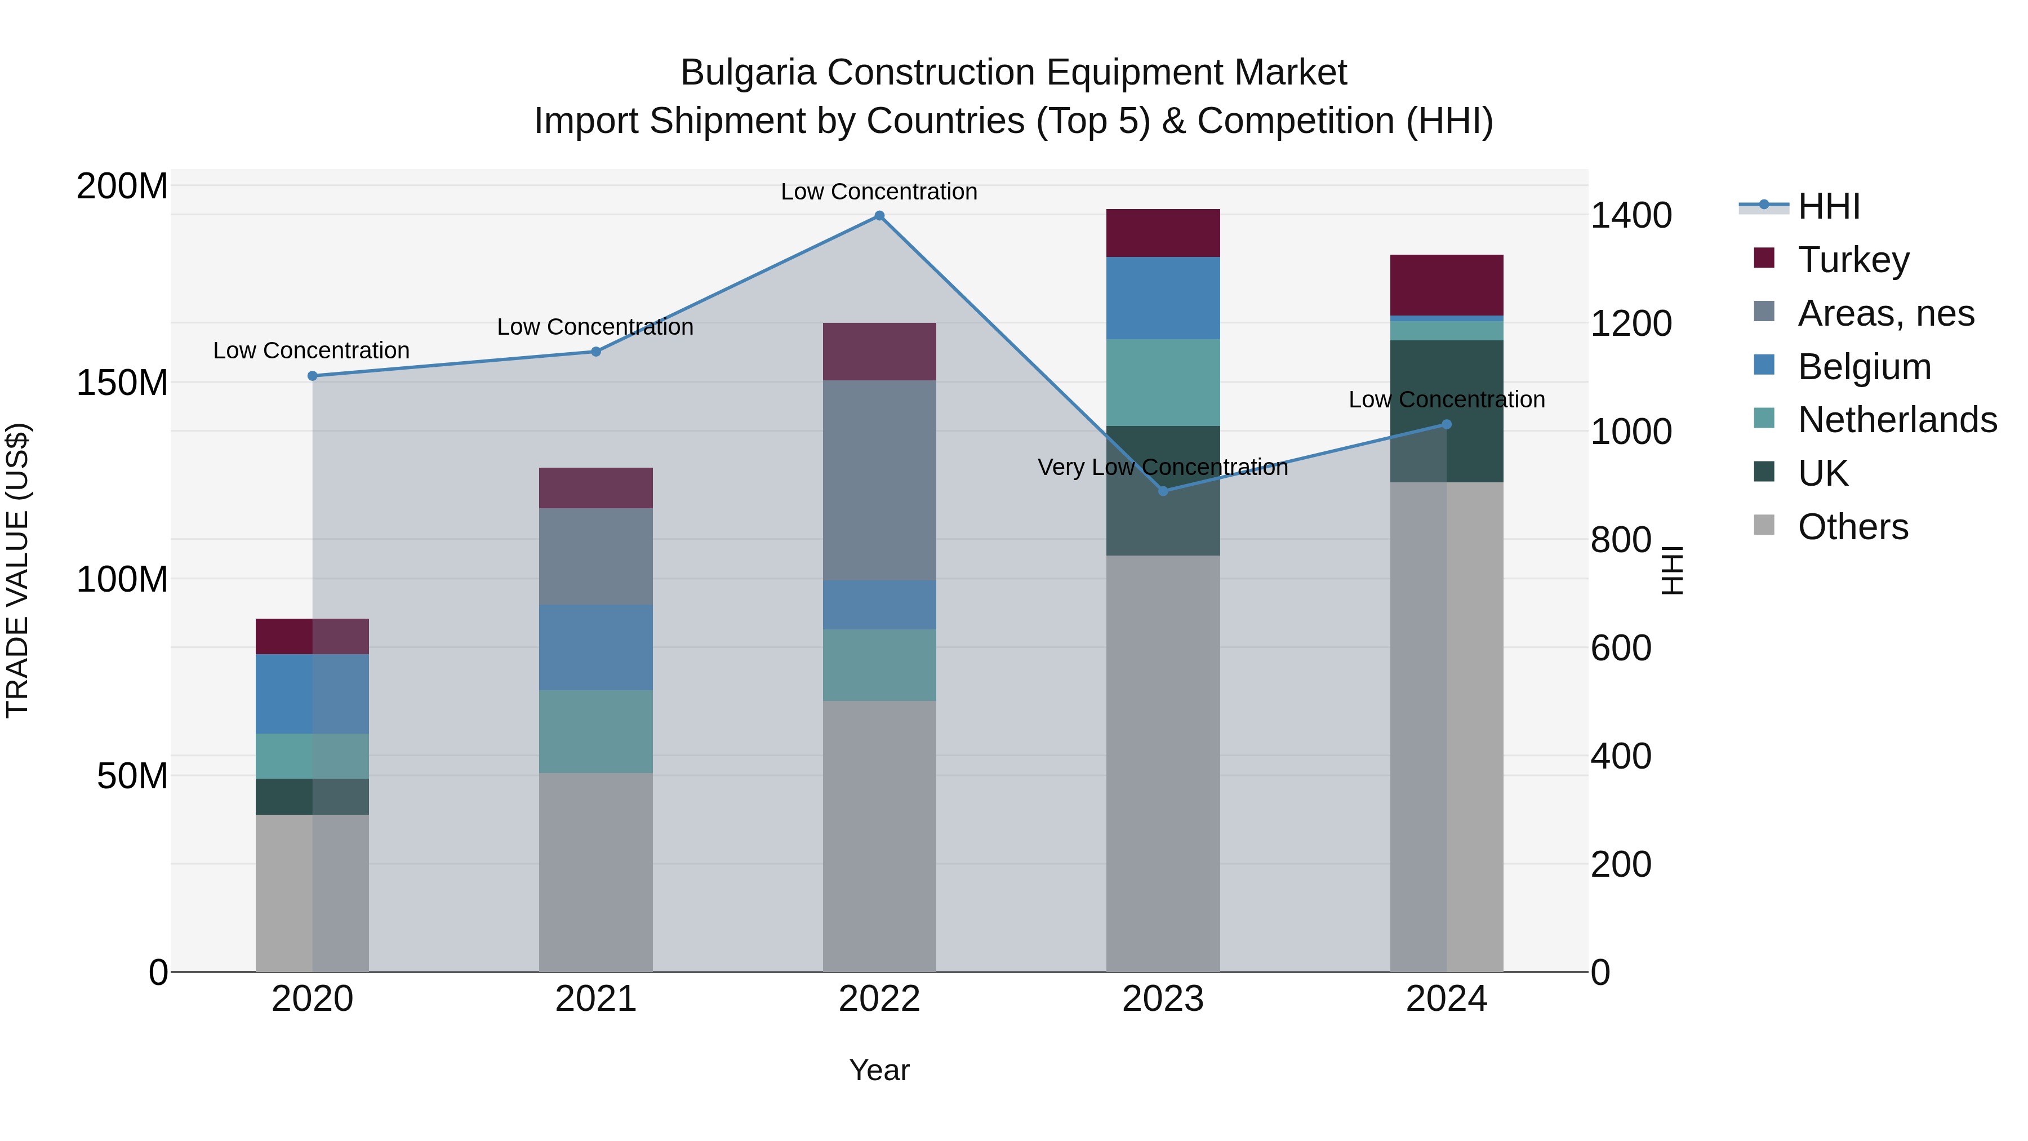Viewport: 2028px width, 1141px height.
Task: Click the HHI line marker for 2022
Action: (879, 216)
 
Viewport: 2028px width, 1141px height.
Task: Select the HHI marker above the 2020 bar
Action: (313, 376)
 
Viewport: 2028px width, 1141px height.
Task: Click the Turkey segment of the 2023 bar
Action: (1163, 233)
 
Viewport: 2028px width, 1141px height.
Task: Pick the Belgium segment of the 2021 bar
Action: (595, 647)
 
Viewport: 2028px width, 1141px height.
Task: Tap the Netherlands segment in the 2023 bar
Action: (1163, 383)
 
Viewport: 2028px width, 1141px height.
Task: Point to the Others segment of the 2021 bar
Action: (595, 872)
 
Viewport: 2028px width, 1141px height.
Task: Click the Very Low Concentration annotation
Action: (1163, 467)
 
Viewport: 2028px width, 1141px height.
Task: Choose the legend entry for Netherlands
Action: (1897, 420)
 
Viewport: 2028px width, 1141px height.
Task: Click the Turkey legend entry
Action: (1853, 260)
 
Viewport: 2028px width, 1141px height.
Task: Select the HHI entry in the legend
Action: (1829, 206)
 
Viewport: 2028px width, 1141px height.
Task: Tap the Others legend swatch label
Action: (1852, 527)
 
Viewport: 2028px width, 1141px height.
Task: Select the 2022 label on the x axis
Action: (879, 999)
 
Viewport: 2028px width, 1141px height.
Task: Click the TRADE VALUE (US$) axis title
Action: (17, 570)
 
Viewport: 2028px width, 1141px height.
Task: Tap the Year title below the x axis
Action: (879, 1070)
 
